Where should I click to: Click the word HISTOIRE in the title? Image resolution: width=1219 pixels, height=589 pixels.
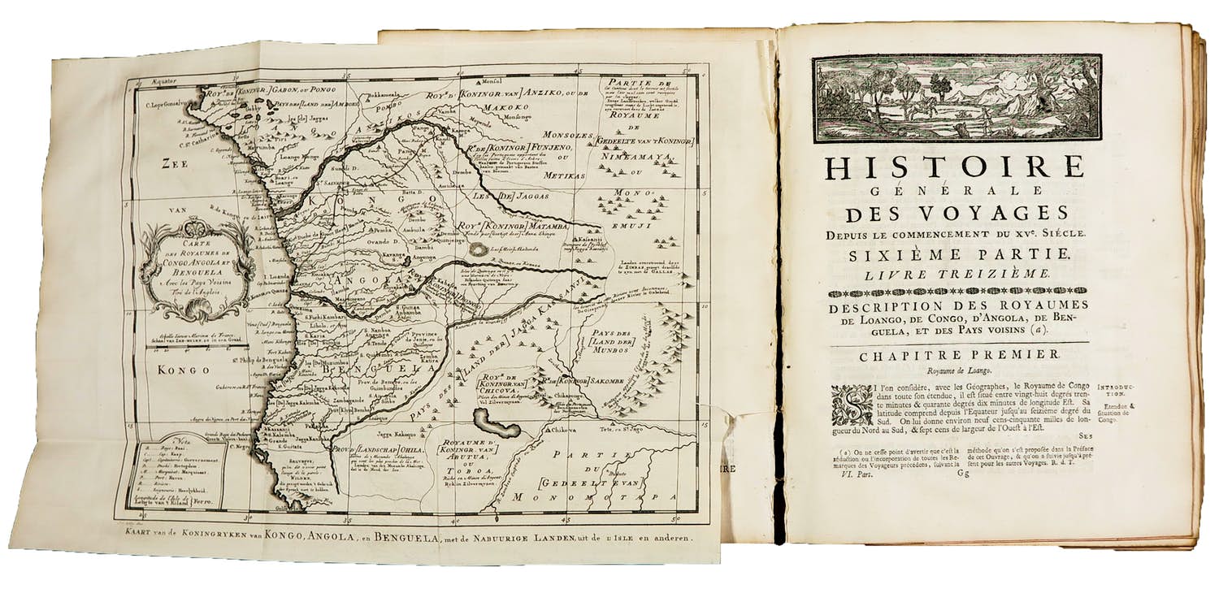coord(955,167)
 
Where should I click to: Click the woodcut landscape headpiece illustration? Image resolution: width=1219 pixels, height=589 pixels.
coord(957,97)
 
